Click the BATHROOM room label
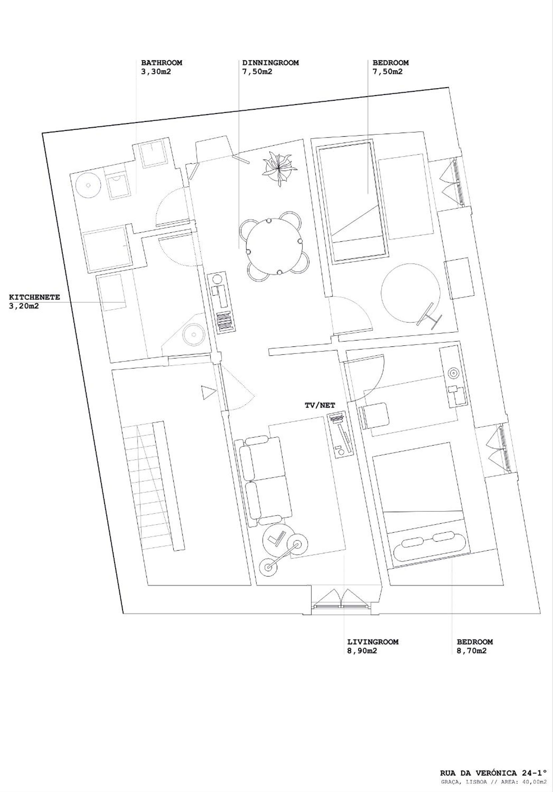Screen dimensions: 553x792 (161, 63)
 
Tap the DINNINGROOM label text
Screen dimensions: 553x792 (270, 63)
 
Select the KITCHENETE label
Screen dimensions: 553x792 (34, 297)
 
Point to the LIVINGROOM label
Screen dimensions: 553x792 (373, 642)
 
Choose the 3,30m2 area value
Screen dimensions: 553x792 (156, 72)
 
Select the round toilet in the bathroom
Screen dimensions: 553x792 (88, 185)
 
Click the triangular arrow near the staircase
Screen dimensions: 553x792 (209, 393)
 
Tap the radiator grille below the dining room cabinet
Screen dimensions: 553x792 (227, 322)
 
